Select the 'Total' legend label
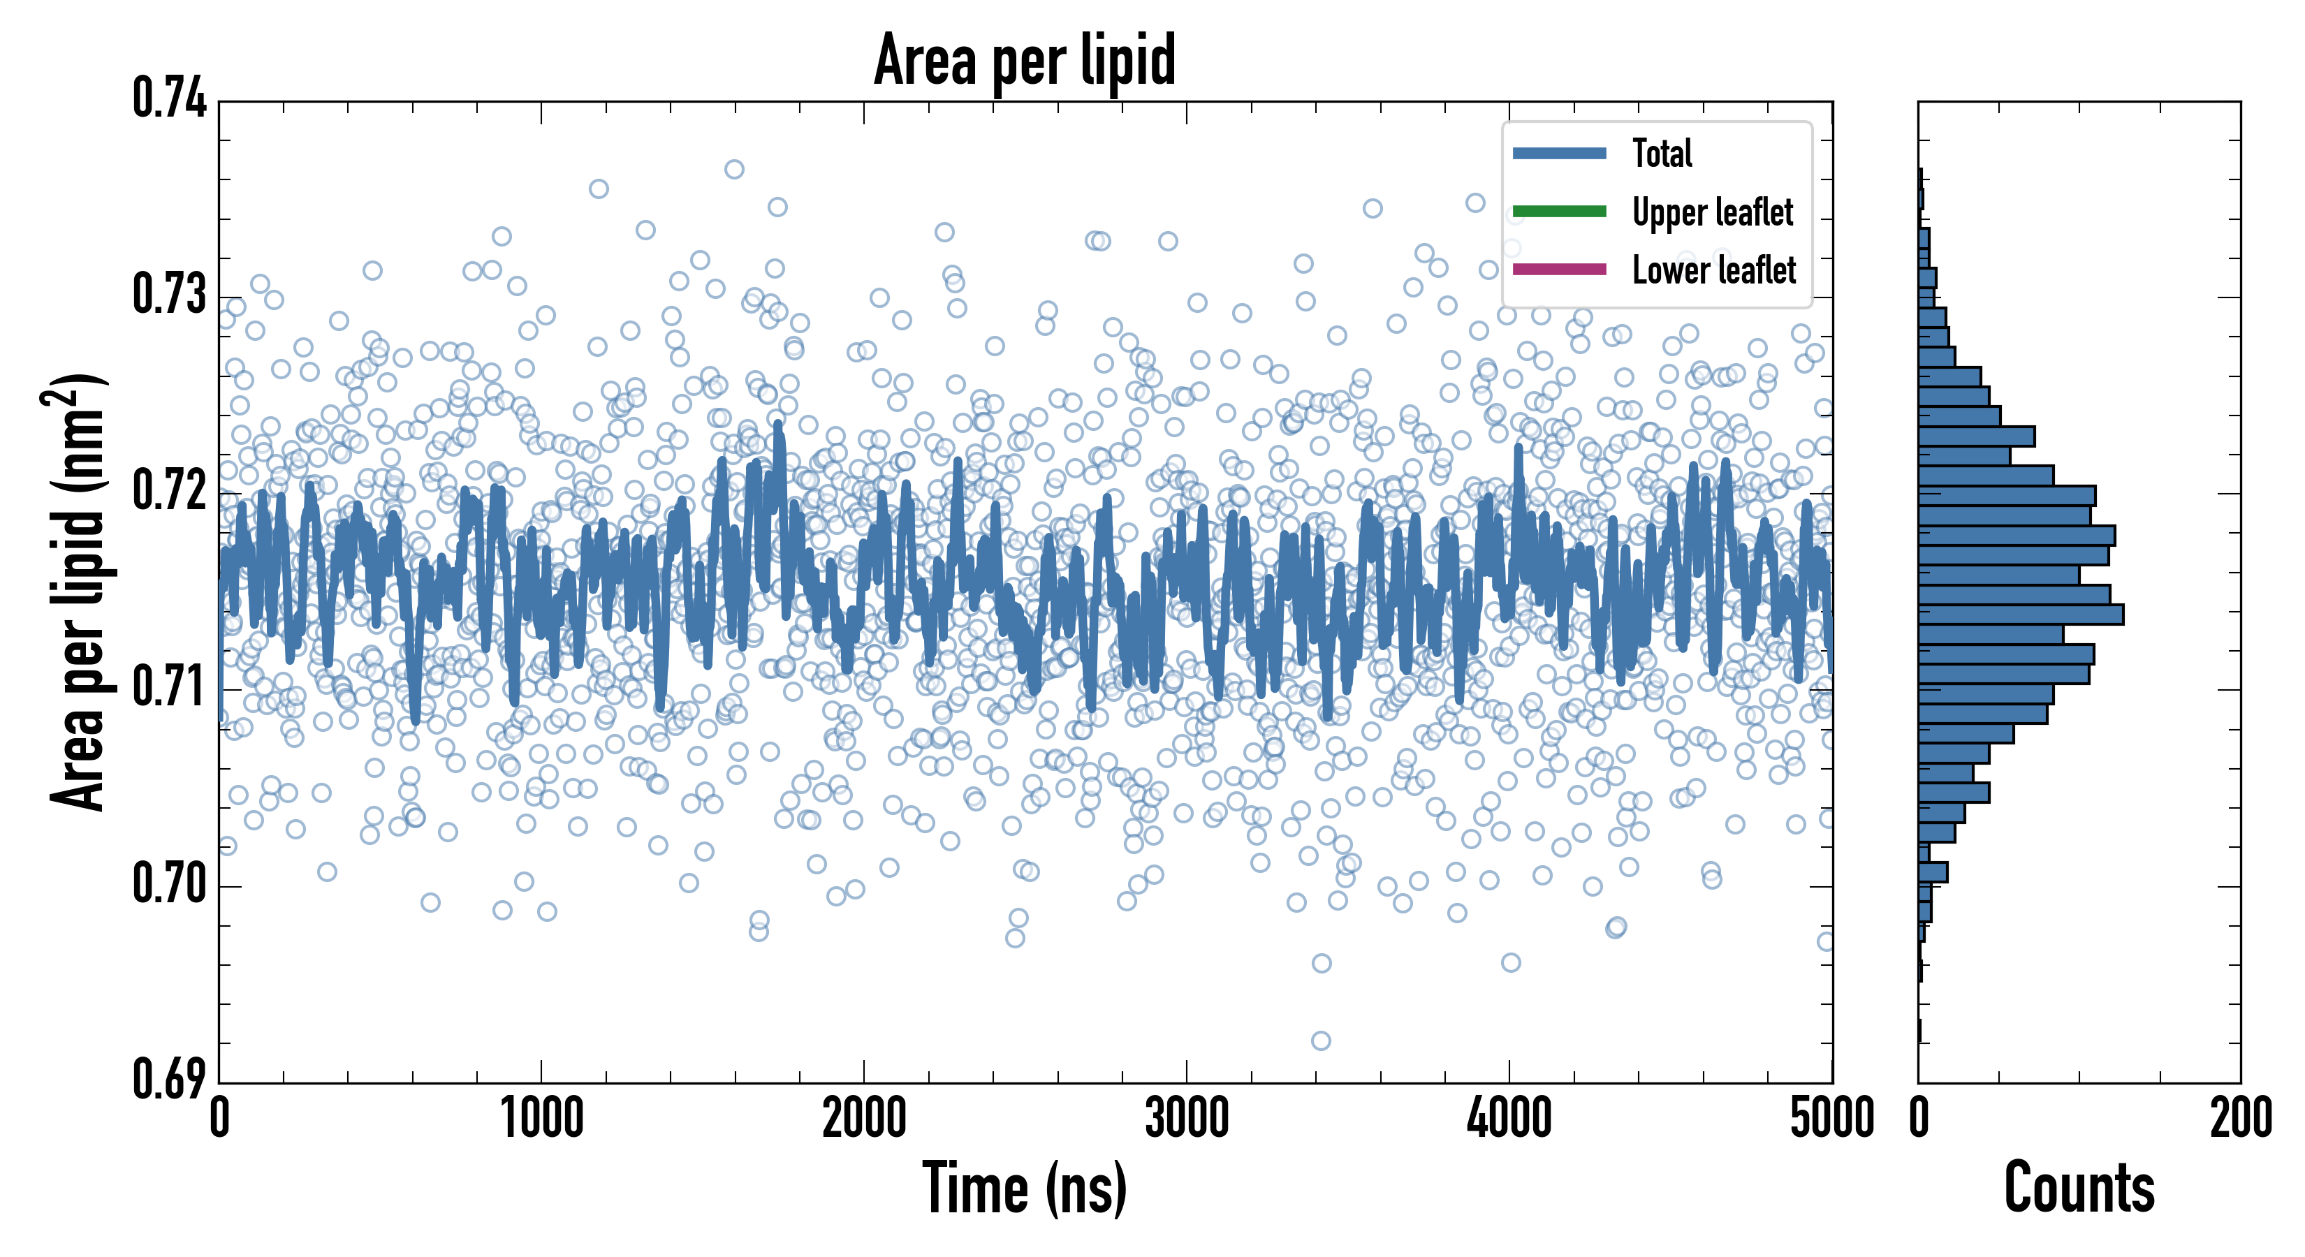click(x=1662, y=153)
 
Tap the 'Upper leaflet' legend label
click(x=1712, y=212)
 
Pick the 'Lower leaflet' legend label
click(x=1713, y=270)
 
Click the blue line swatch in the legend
click(x=1559, y=153)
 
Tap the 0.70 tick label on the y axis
click(x=169, y=884)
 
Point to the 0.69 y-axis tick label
click(x=169, y=1079)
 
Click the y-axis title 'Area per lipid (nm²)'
click(x=76, y=592)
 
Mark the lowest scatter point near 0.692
click(x=1321, y=1041)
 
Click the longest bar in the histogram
click(x=2021, y=615)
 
